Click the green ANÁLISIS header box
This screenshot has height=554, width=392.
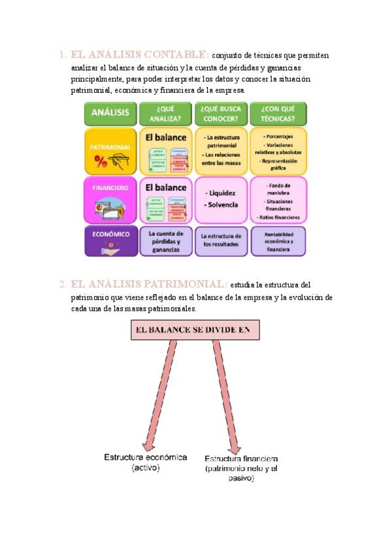[x=110, y=114]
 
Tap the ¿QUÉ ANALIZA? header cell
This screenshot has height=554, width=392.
[x=166, y=114]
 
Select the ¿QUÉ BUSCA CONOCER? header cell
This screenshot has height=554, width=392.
[x=221, y=114]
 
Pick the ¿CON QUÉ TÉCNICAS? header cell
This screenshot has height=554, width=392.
[x=278, y=114]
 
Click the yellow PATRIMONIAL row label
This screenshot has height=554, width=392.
[x=110, y=151]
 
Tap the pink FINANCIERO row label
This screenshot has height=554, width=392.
[x=110, y=200]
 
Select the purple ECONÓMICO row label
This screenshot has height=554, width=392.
[x=110, y=240]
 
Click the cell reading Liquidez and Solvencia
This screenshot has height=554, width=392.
[x=221, y=200]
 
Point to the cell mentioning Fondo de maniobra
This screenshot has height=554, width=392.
[x=278, y=200]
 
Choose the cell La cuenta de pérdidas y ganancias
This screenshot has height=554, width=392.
[x=166, y=240]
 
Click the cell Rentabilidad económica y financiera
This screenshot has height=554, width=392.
[x=278, y=240]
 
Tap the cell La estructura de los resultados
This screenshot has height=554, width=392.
[x=221, y=240]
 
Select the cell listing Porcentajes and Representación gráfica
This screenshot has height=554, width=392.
[x=278, y=151]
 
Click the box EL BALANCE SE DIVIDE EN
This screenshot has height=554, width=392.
[x=195, y=330]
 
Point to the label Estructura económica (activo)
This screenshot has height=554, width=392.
[x=145, y=463]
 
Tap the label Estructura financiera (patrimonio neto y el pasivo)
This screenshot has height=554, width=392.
[x=241, y=468]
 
